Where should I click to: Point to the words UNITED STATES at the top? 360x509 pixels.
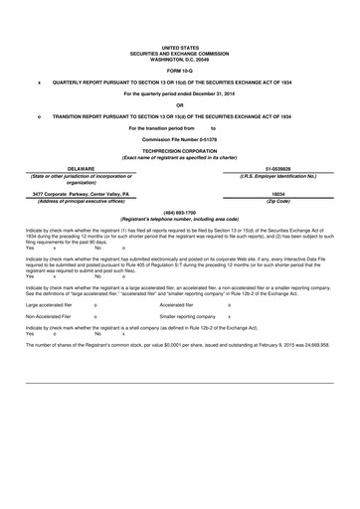click(179, 47)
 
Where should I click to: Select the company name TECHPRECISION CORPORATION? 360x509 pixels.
click(179, 151)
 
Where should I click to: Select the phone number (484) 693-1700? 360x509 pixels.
click(179, 212)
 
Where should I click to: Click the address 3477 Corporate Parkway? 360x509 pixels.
click(66, 194)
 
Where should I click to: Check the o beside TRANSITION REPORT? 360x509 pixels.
click(38, 116)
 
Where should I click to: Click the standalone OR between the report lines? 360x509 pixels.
click(179, 104)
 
